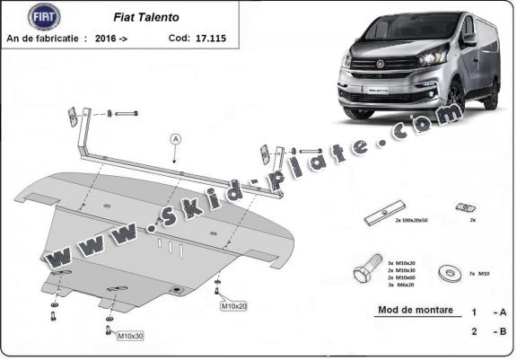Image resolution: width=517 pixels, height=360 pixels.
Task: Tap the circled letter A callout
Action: (174, 138)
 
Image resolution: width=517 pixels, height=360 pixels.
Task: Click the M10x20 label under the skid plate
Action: (233, 307)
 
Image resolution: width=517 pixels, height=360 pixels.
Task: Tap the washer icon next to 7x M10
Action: (446, 270)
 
